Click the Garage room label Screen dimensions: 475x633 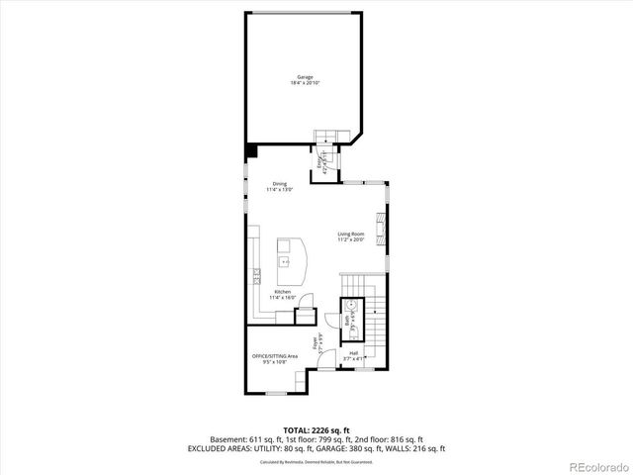click(x=307, y=76)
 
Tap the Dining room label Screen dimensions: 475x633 click(x=280, y=183)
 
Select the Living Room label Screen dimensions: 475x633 click(x=351, y=234)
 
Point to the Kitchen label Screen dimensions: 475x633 click(x=283, y=292)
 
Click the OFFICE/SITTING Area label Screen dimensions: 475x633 click(x=274, y=356)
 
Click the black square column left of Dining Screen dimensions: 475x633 click(x=251, y=150)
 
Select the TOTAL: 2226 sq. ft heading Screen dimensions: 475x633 click(x=316, y=429)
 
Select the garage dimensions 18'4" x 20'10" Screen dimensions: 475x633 click(x=307, y=83)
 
